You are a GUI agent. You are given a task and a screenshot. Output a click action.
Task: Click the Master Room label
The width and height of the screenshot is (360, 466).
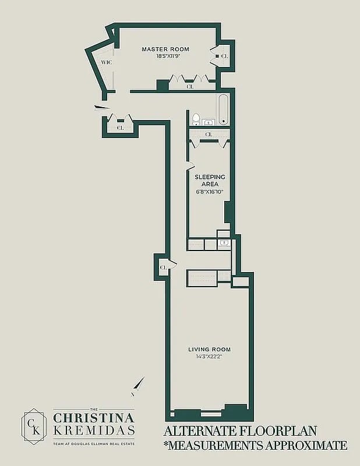coord(165,50)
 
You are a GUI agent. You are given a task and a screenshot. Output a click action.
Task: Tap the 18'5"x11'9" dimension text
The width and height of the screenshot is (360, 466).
coord(169,56)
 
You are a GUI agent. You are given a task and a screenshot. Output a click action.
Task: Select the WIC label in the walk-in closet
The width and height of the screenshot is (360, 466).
coord(107,62)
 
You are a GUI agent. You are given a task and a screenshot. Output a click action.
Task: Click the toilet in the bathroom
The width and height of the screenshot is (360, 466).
coord(196,119)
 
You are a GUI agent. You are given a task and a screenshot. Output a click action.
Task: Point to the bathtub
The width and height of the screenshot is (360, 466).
coord(224,110)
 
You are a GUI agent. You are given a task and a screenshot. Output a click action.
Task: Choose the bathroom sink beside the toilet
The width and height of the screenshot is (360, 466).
coord(209,122)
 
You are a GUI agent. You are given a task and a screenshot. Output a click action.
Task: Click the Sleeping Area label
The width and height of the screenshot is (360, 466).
coord(210,181)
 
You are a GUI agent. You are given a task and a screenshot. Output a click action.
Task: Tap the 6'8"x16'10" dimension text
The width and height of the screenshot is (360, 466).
coord(209,192)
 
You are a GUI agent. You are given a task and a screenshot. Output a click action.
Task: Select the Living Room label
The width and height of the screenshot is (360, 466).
coord(209,349)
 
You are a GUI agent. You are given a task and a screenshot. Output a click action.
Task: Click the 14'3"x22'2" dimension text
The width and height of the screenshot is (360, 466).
coord(209,356)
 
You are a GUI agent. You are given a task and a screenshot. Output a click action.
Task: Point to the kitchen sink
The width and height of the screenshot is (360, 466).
coord(224,243)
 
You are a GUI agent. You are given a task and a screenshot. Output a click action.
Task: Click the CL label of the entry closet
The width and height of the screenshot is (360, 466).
coord(121,128)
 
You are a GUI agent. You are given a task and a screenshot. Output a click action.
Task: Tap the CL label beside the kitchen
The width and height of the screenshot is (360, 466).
coord(163,267)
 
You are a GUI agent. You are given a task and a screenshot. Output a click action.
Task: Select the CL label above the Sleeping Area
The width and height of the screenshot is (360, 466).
coord(209,135)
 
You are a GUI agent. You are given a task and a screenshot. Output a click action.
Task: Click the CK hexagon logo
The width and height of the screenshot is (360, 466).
coord(34,426)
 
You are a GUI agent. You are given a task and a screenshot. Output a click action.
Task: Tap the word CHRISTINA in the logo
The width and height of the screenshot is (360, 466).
coord(94,418)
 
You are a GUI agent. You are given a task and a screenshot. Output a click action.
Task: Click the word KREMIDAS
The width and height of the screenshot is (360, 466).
coord(94,430)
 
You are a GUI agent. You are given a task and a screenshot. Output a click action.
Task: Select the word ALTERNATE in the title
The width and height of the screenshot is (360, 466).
coord(199,431)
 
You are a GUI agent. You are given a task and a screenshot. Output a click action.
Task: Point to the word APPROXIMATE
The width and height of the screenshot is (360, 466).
coord(306,445)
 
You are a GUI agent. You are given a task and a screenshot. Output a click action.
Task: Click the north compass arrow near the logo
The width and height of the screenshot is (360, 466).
coord(138,386)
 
